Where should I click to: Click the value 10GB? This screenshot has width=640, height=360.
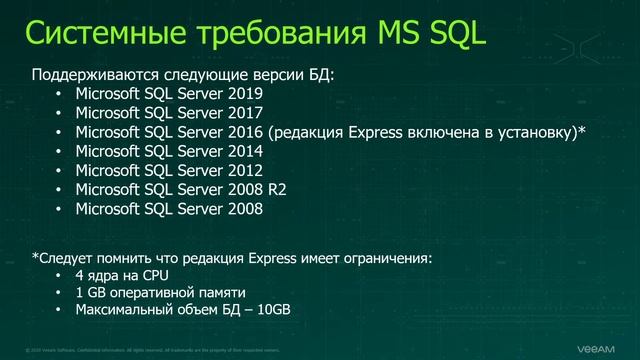tap(272, 310)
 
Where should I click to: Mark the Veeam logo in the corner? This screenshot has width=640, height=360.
tap(602, 348)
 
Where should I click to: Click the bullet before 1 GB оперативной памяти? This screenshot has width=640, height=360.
tap(59, 293)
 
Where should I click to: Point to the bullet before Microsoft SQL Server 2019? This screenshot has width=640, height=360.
tap(59, 94)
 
